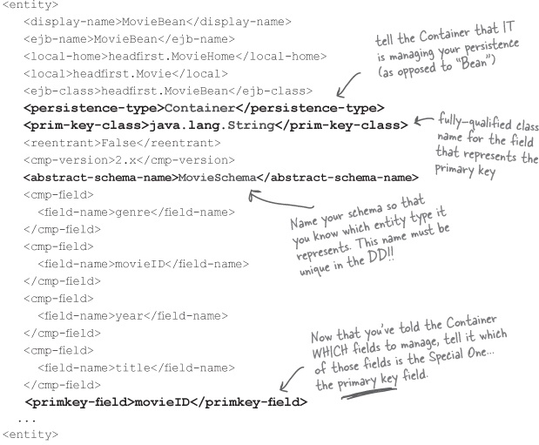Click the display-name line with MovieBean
tap(158, 22)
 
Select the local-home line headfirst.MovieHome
tap(175, 57)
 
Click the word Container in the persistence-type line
tap(200, 108)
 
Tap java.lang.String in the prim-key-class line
tap(212, 125)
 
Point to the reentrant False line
tap(122, 143)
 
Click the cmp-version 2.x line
tap(129, 160)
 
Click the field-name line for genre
tap(136, 212)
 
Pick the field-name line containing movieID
tap(143, 264)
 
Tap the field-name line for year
tap(132, 316)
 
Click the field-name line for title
tap(136, 368)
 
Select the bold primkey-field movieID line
tap(166, 402)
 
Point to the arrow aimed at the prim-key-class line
tap(423, 120)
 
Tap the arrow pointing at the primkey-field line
tap(291, 379)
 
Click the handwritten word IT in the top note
tap(506, 27)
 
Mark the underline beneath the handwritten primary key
tap(368, 394)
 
